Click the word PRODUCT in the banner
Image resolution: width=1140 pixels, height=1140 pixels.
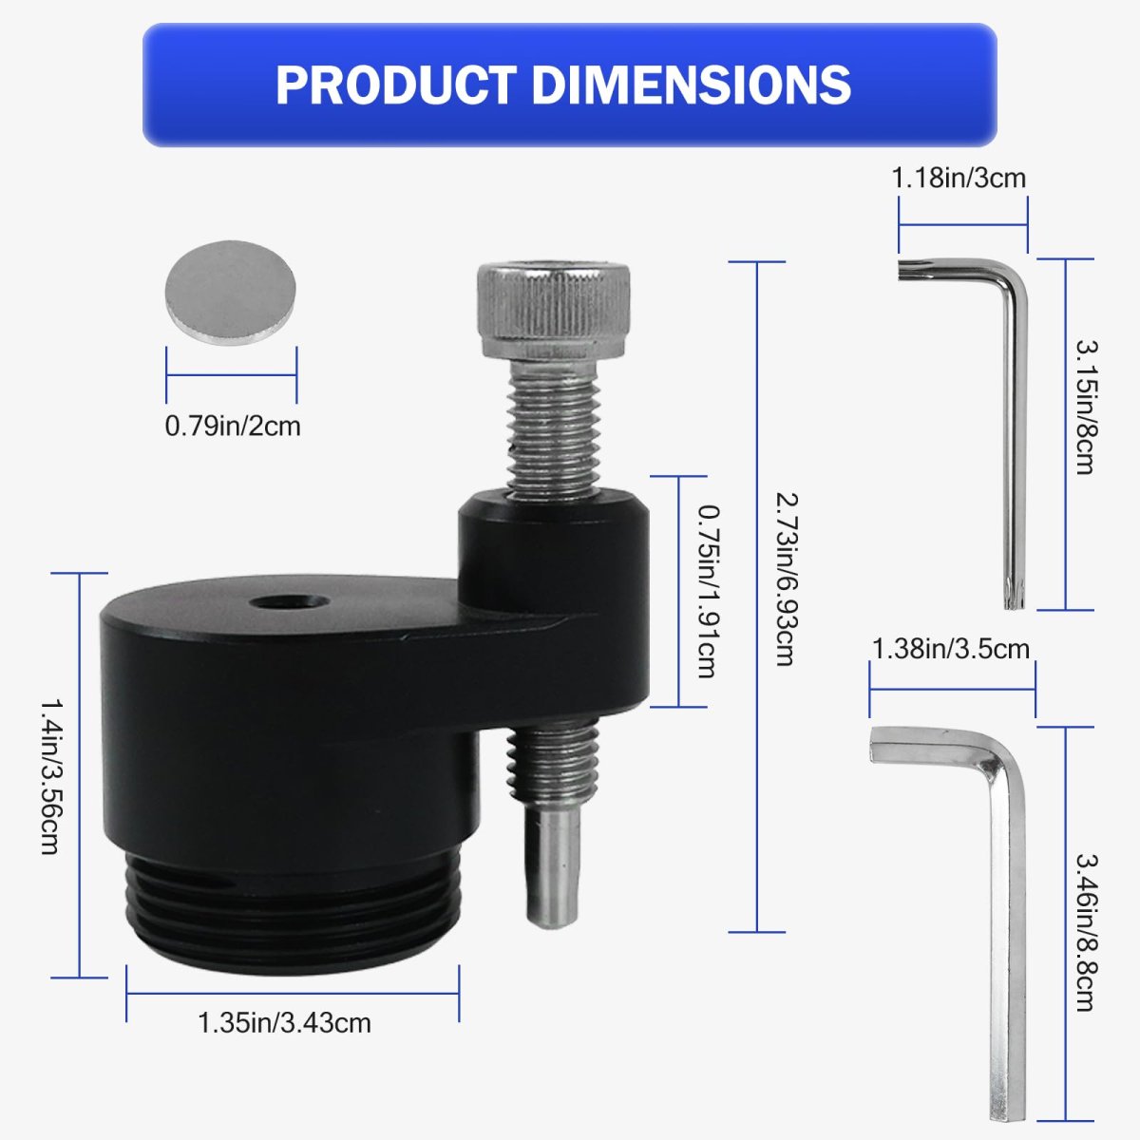point(396,85)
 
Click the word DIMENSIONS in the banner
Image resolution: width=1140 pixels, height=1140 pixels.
point(692,85)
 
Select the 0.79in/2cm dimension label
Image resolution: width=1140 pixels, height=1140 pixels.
point(233,426)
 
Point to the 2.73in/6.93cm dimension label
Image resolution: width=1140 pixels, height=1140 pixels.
point(788,579)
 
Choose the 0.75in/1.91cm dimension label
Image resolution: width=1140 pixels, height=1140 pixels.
point(709,591)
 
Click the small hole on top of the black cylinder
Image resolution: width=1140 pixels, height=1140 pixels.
point(290,604)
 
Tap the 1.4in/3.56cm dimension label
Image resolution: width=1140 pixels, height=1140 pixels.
point(51,777)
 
